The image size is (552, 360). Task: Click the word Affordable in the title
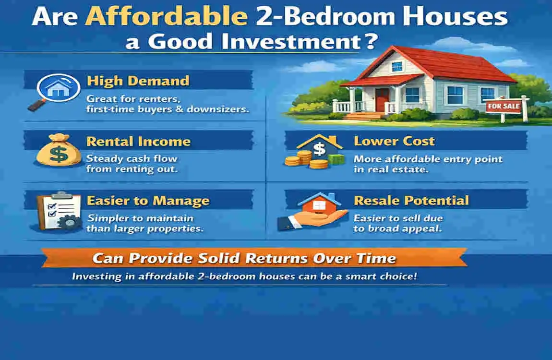pyautogui.click(x=167, y=16)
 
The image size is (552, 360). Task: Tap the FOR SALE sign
pyautogui.click(x=504, y=106)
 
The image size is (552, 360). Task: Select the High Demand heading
pyautogui.click(x=138, y=81)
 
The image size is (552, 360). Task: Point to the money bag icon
pyautogui.click(x=59, y=150)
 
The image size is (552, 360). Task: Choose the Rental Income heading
pyautogui.click(x=138, y=142)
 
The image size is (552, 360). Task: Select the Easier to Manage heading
pyautogui.click(x=148, y=201)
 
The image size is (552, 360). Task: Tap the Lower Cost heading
pyautogui.click(x=394, y=141)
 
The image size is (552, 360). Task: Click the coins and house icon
pyautogui.click(x=313, y=151)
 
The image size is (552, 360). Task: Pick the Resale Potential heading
pyautogui.click(x=411, y=200)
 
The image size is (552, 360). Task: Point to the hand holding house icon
pyautogui.click(x=312, y=212)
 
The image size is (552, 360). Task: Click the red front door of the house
pyautogui.click(x=382, y=99)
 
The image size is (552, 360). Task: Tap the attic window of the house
pyautogui.click(x=397, y=67)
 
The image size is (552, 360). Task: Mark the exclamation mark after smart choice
pyautogui.click(x=415, y=276)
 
